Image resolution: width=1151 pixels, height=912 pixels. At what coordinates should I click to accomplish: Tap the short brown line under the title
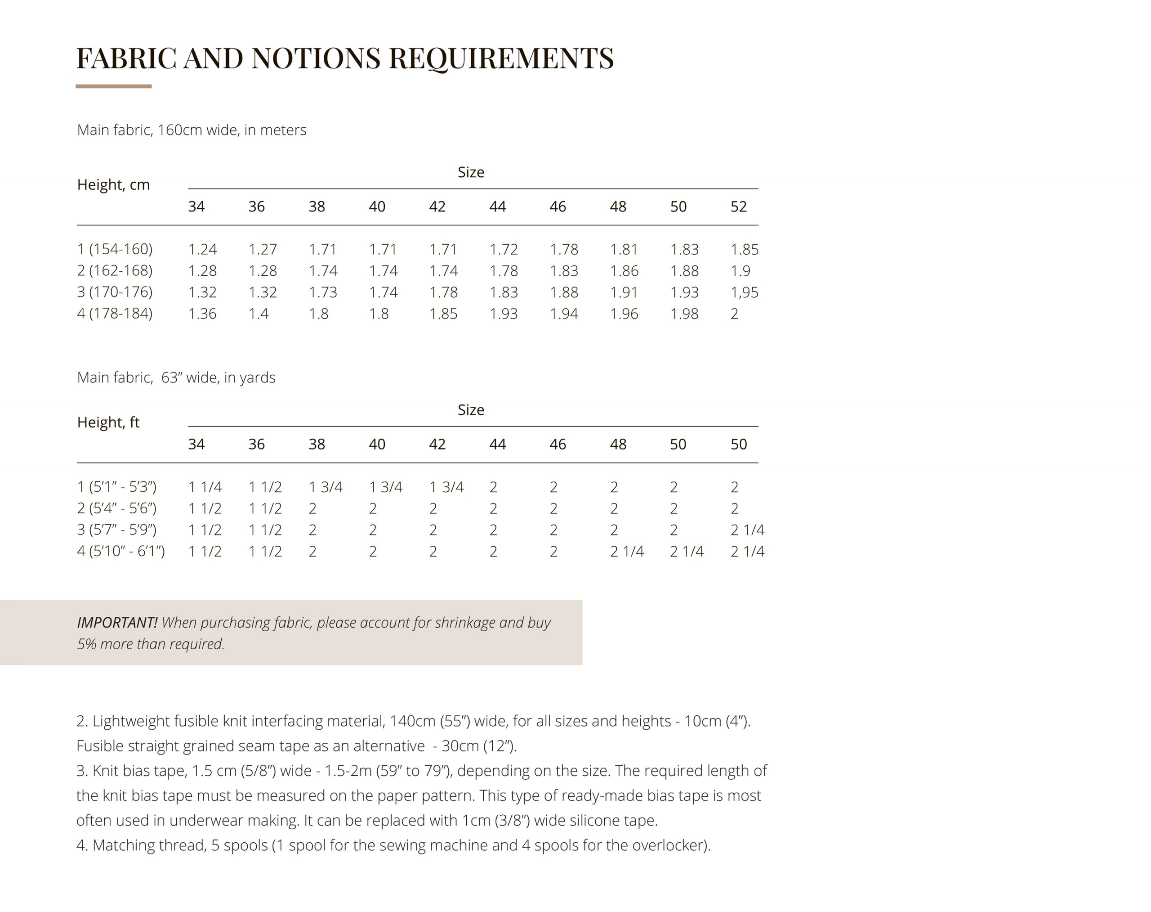pos(113,86)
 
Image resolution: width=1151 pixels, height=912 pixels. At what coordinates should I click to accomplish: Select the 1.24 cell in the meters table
pos(202,249)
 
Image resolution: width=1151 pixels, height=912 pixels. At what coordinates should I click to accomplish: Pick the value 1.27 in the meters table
pos(263,249)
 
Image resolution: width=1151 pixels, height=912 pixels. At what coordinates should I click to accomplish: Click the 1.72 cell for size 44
pos(503,249)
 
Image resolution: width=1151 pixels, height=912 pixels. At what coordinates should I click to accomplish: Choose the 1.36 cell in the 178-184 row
pos(202,314)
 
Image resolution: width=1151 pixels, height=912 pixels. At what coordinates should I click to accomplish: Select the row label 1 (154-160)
pos(115,249)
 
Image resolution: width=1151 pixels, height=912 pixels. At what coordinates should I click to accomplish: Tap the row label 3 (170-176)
pos(115,292)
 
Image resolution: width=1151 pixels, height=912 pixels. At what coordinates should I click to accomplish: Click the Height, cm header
pos(113,185)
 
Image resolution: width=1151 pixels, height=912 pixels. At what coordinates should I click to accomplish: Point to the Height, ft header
pos(108,422)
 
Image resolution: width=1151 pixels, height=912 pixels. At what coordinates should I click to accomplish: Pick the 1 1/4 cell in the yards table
pos(205,487)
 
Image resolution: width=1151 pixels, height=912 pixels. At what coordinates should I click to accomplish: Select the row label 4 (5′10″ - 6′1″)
pos(120,551)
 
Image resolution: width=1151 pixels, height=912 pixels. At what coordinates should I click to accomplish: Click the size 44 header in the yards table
pos(497,444)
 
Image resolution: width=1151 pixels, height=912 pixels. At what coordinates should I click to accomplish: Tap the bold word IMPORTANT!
pos(117,623)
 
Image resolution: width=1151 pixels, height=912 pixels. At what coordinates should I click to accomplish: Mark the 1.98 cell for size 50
pos(684,314)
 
